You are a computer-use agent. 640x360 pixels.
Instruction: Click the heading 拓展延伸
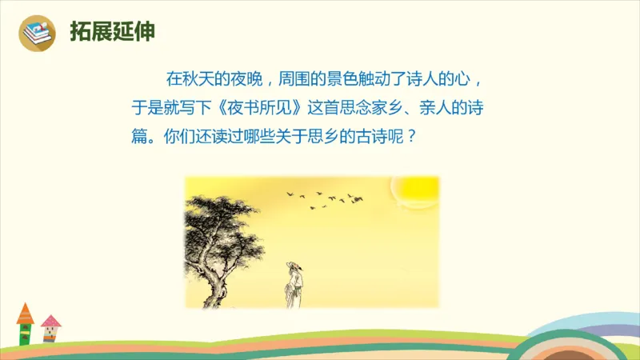pos(111,33)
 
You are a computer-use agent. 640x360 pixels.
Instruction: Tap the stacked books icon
pos(37,34)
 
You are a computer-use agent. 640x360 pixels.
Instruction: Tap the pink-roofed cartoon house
pos(51,329)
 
